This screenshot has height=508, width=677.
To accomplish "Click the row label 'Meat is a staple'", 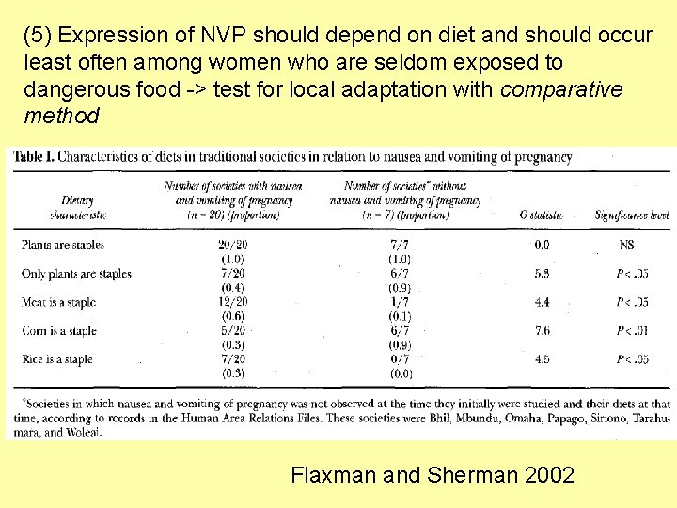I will point(58,303).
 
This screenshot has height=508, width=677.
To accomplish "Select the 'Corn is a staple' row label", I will point(57,331).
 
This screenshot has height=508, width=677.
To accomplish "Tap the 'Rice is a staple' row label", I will point(57,359).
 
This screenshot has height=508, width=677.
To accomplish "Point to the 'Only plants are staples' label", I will point(76,274).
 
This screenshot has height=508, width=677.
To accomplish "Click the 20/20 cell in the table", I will point(231,245).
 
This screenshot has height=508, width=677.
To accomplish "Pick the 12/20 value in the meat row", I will point(231,303).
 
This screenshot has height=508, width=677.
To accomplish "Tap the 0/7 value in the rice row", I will point(400,359).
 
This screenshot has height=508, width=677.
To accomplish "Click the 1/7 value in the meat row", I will point(400,303).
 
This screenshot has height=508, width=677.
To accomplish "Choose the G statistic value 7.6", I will point(542,331).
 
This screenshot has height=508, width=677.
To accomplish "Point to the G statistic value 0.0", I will point(542,245).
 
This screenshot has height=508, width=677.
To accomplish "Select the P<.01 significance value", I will point(632,331).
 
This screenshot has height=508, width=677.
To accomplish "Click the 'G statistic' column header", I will point(542,215).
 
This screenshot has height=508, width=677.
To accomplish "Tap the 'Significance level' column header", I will point(632,215).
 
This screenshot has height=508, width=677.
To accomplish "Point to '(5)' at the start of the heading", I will point(39,37).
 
